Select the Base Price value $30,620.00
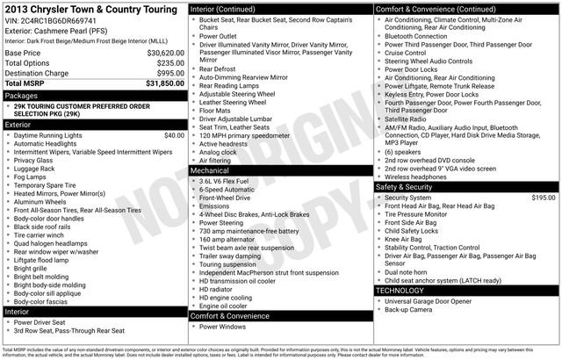(x=165, y=53)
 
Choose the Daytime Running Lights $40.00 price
(x=175, y=135)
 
